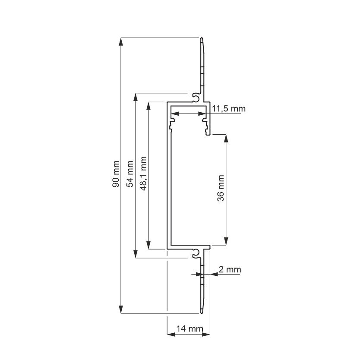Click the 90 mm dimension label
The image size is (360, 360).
(x=116, y=174)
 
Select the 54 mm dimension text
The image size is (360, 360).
(x=130, y=174)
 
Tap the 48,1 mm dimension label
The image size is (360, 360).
(x=143, y=174)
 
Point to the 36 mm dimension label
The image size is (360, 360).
(x=221, y=188)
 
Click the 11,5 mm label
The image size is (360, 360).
(x=228, y=108)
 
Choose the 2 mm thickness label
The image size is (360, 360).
(x=230, y=269)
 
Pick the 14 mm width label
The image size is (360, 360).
(x=189, y=328)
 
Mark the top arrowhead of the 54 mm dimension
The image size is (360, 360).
(x=136, y=97)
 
